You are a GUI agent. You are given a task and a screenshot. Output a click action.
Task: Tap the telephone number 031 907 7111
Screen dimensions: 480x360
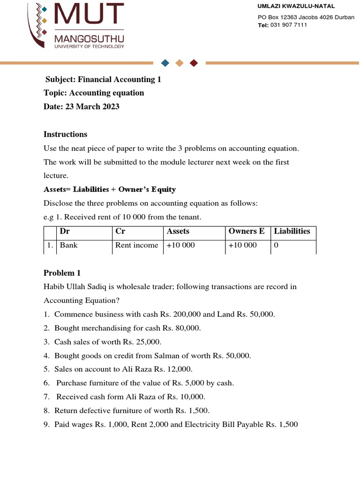pos(289,25)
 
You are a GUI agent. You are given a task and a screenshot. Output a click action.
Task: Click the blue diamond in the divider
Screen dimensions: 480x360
pos(165,63)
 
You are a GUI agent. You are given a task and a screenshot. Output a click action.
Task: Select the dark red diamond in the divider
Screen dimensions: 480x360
pos(194,63)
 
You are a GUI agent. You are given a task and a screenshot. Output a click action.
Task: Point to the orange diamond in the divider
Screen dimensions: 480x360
pos(179,63)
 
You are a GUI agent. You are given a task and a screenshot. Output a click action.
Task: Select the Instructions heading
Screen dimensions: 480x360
pos(65,134)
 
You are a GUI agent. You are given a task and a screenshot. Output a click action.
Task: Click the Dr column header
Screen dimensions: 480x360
pos(65,231)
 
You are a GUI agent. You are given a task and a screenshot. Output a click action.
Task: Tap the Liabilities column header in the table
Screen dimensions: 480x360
pos(292,231)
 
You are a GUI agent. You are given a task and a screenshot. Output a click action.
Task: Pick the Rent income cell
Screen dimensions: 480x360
pos(136,245)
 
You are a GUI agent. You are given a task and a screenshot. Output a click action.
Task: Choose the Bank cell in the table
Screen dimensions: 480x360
pos(68,245)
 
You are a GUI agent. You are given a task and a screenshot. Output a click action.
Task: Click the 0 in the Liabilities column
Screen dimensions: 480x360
pos(276,245)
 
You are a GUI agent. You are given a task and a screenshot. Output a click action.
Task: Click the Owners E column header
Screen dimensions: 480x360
pos(247,231)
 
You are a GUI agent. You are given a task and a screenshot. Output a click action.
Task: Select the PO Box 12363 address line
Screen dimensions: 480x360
pos(295,17)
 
